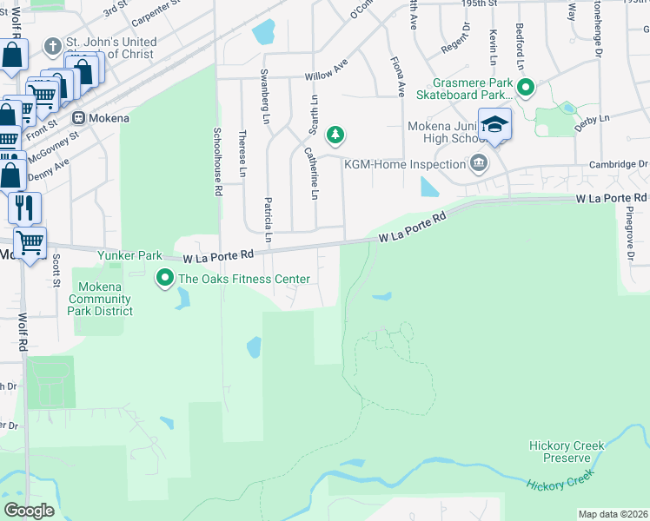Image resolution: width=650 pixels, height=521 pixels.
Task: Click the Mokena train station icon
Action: (x=78, y=117)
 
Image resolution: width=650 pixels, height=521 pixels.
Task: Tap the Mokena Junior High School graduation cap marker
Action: (x=494, y=123)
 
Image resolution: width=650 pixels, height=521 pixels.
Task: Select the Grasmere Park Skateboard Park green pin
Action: (x=525, y=87)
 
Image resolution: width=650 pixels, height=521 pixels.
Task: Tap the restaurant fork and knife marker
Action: (x=24, y=207)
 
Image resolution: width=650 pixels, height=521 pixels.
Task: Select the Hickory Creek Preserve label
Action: (x=567, y=452)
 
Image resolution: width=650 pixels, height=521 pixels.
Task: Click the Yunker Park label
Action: (x=129, y=256)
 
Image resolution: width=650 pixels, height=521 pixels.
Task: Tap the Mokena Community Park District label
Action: (x=104, y=299)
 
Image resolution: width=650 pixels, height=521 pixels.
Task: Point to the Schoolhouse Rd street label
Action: (x=218, y=162)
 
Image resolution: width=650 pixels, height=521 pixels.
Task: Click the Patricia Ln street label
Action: (x=269, y=220)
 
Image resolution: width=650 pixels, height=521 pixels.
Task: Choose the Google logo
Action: (x=29, y=511)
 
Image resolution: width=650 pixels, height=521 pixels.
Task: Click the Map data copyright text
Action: (x=613, y=514)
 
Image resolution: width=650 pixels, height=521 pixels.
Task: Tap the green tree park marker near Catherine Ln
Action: (x=335, y=135)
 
